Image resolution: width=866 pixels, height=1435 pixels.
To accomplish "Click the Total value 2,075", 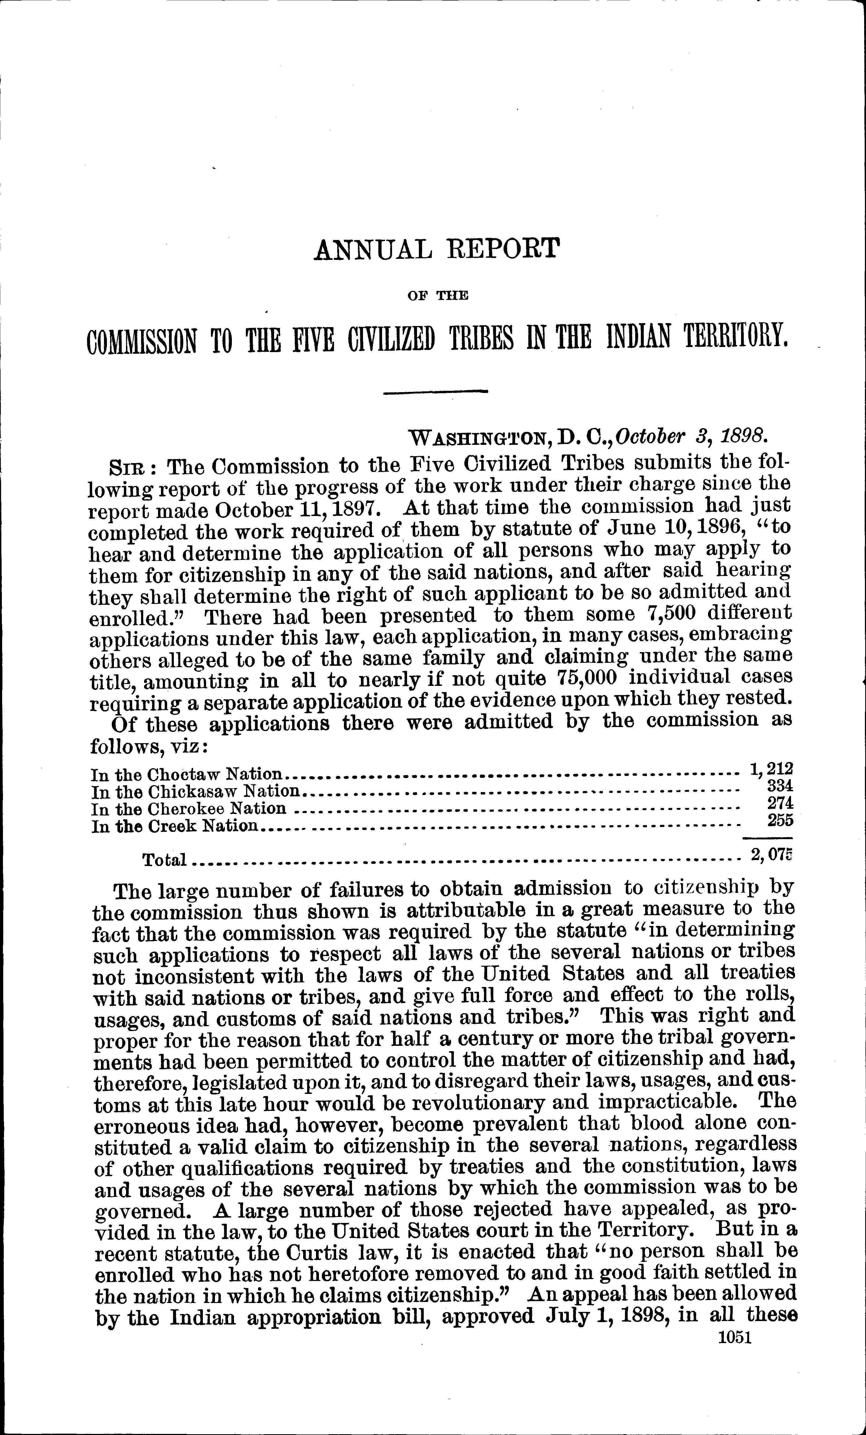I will [x=772, y=855].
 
